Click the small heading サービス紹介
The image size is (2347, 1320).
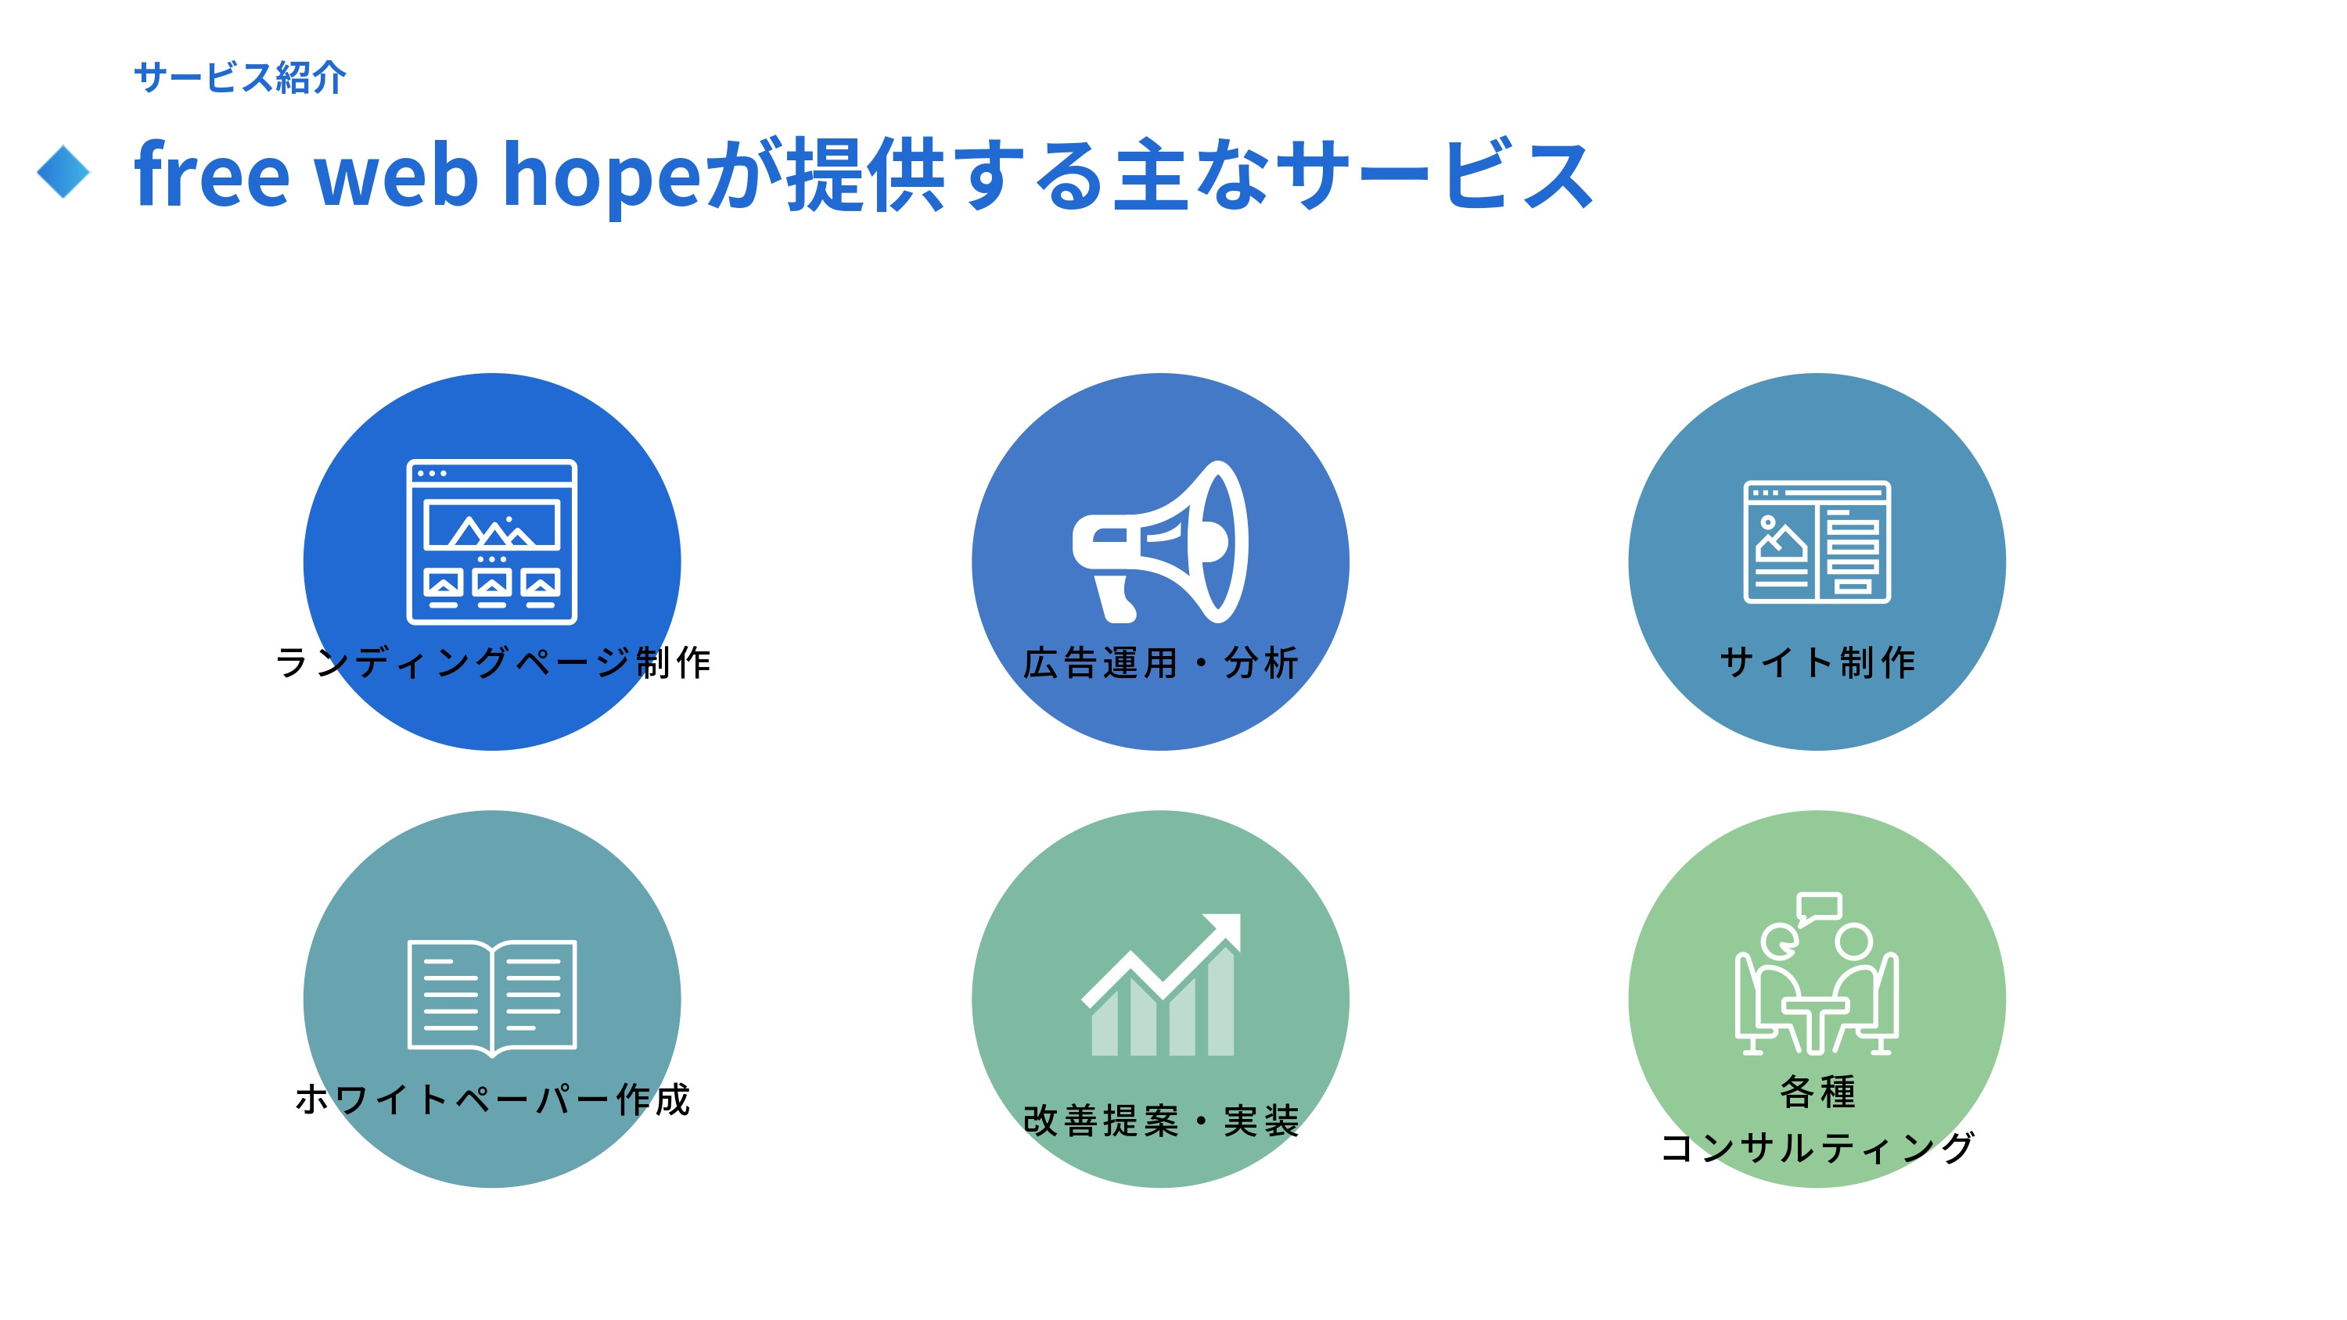(x=239, y=77)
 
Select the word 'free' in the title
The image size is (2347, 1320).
(x=211, y=175)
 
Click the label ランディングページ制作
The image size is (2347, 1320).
(x=493, y=662)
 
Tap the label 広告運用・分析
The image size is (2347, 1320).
(x=1160, y=662)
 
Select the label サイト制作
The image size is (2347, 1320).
(x=1817, y=662)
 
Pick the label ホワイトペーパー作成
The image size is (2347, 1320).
(x=493, y=1099)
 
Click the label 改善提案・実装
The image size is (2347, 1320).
(x=1160, y=1121)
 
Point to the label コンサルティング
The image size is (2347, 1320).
(x=1817, y=1148)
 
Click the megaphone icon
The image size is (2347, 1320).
(x=1160, y=542)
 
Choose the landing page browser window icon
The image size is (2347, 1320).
(x=492, y=542)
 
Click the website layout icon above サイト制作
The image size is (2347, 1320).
(x=1817, y=542)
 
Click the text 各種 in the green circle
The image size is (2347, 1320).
(x=1817, y=1092)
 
